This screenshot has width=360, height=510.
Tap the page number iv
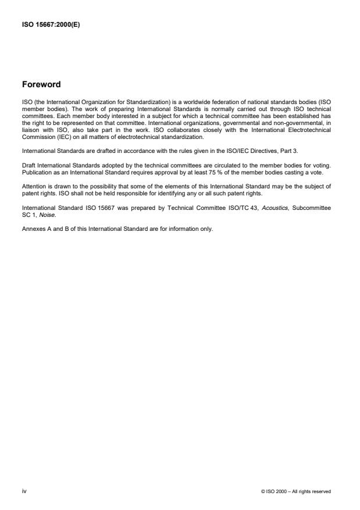tap(24, 491)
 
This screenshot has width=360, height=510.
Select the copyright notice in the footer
tap(296, 492)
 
